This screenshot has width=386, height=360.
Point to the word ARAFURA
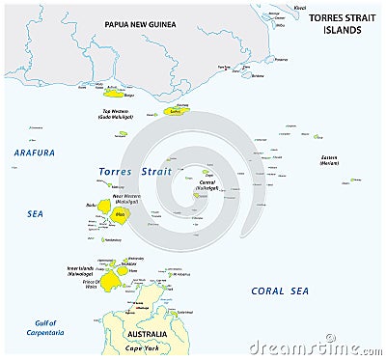point(34,152)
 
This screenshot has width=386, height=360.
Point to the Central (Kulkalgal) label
point(207,181)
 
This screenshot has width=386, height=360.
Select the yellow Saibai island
point(176,112)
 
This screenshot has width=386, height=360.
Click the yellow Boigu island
point(114,94)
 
